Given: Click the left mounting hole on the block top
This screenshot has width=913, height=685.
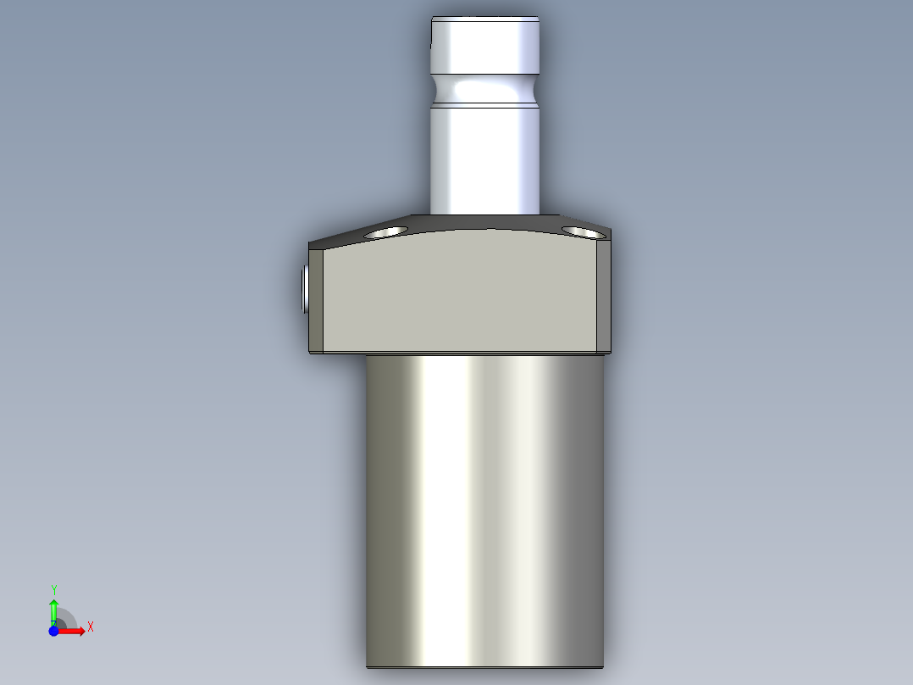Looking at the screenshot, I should (385, 231).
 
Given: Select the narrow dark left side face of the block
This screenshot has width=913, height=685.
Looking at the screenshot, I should (315, 297).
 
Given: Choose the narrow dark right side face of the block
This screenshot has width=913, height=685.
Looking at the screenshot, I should (603, 297).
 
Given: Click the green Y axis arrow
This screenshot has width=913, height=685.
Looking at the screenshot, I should (53, 609).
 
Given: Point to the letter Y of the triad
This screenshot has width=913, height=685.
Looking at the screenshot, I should (54, 589).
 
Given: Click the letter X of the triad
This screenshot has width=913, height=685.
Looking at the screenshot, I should (91, 627).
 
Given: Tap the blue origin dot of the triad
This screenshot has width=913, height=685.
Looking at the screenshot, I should (53, 632).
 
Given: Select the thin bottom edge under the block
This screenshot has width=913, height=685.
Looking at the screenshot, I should (457, 353).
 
